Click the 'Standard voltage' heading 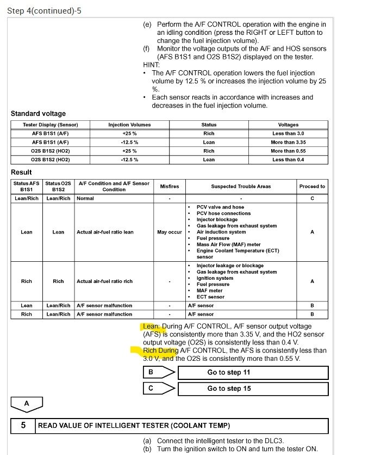click(x=38, y=114)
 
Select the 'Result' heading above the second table click(x=21, y=172)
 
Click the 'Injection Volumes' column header click(x=129, y=125)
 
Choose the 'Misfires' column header click(x=169, y=186)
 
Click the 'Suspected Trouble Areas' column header click(x=241, y=186)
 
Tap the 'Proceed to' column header click(x=312, y=186)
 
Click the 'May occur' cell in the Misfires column click(x=169, y=232)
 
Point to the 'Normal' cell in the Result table click(x=85, y=198)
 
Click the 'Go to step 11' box click(x=252, y=372)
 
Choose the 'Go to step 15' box click(x=252, y=389)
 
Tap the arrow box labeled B click(x=158, y=372)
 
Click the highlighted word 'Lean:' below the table click(x=151, y=326)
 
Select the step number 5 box click(x=23, y=426)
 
